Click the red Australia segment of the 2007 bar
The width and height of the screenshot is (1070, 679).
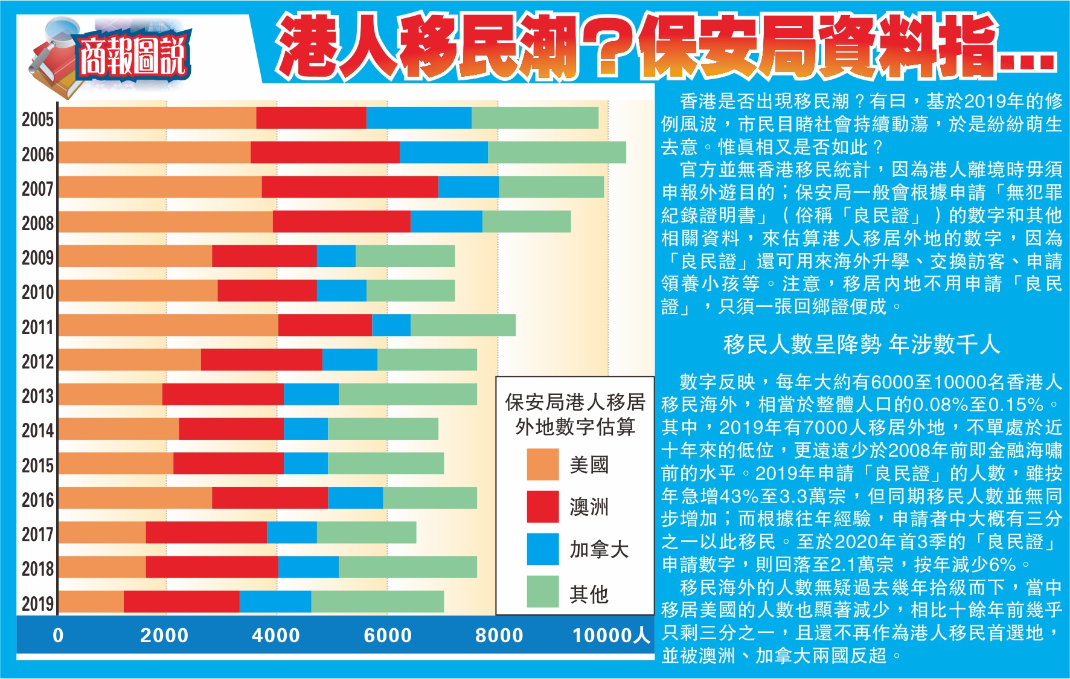tap(350, 187)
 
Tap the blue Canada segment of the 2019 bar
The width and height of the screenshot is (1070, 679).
tap(275, 602)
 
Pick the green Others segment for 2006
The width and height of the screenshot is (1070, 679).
tap(557, 153)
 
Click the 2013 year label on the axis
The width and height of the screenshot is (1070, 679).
tap(37, 396)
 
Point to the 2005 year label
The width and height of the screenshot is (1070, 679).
tap(37, 119)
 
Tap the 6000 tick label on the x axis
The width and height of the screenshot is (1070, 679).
tap(387, 636)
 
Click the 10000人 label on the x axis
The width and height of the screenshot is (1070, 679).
tap(610, 636)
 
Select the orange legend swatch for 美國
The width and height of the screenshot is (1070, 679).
tap(542, 465)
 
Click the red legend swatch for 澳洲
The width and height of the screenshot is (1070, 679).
tap(542, 507)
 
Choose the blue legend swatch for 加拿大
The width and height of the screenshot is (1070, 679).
tap(542, 549)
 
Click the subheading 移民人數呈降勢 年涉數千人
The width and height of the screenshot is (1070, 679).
tap(862, 345)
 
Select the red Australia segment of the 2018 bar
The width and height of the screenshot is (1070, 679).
tap(211, 567)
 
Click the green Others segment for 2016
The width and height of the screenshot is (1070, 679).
tap(429, 498)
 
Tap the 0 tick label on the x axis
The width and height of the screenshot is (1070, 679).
tap(58, 636)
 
